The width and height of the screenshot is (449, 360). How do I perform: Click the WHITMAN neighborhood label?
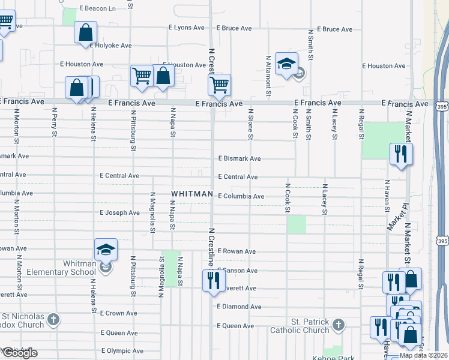[x=192, y=194]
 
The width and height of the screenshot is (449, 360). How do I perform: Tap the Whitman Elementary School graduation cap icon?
[x=106, y=249]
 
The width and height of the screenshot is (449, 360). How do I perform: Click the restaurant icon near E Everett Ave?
[x=214, y=280]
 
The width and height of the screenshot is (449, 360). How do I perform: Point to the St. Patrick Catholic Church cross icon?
[x=338, y=325]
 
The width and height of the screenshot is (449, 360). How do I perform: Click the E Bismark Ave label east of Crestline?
[x=239, y=158]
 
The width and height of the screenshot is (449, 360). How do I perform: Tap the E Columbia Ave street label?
[x=241, y=196]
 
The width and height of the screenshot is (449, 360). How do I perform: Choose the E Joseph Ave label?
[x=119, y=212]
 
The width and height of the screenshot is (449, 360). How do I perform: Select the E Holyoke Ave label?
[x=110, y=45]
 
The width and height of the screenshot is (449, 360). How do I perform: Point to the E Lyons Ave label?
[x=187, y=28]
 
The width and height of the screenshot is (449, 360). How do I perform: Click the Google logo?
[x=19, y=353]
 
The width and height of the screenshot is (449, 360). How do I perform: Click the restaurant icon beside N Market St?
[x=400, y=154]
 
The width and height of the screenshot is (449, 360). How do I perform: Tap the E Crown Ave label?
[x=119, y=313]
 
